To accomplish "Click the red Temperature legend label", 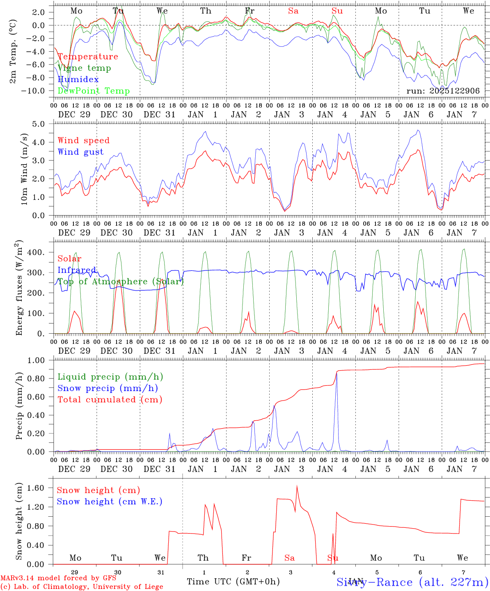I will (x=87, y=57).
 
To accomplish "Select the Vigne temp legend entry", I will (x=84, y=68).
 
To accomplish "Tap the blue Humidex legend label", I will (x=78, y=80).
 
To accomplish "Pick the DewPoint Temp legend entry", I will (x=94, y=91).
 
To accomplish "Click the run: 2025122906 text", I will (x=443, y=91).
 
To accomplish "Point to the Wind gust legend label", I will (x=80, y=152).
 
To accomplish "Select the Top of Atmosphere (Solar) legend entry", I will (x=120, y=282).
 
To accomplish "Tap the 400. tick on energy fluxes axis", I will (x=35, y=252).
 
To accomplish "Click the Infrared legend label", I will (x=77, y=270).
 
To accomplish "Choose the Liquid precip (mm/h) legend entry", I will (x=110, y=377).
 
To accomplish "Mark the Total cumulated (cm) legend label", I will (x=110, y=400).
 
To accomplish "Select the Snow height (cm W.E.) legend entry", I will (x=109, y=502).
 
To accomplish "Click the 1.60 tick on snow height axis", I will (x=35, y=488).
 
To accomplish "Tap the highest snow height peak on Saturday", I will (x=297, y=486).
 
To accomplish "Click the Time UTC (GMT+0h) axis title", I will (x=233, y=582).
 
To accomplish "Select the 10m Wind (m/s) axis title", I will (x=24, y=169).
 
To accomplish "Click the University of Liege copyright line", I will (x=82, y=587).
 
